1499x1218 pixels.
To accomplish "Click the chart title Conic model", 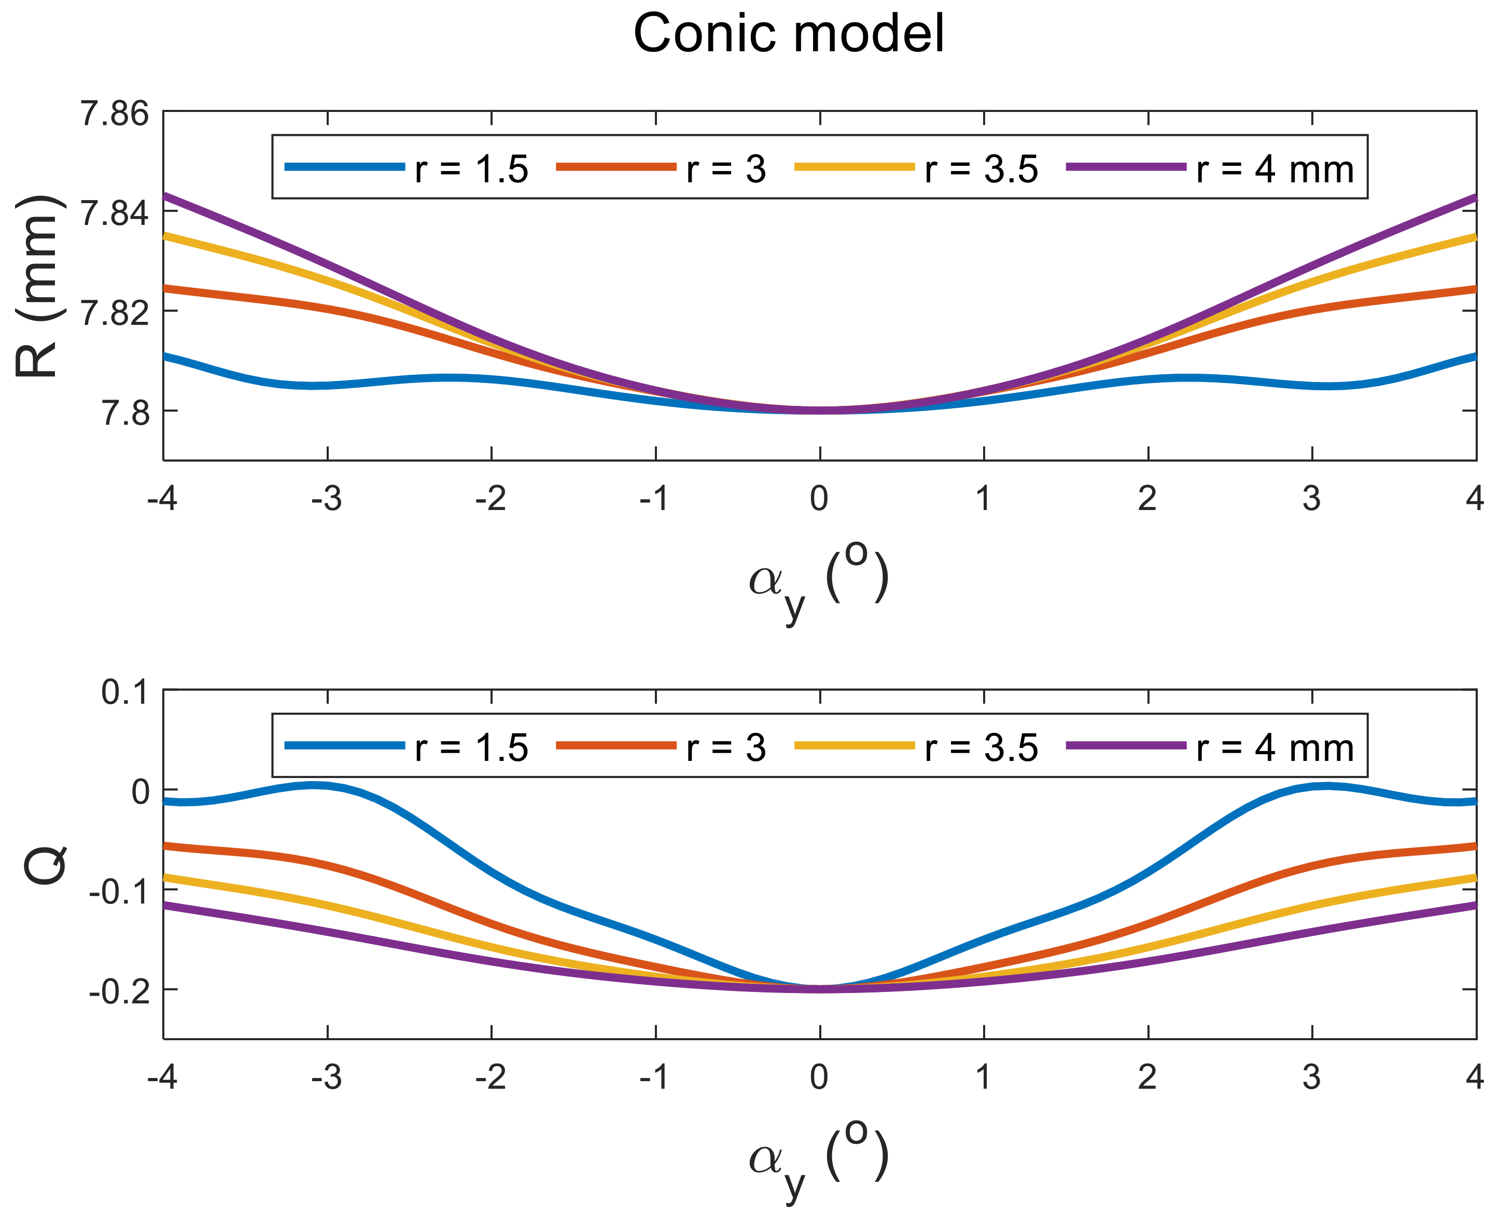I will pyautogui.click(x=788, y=34).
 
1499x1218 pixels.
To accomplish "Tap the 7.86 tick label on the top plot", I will pyautogui.click(x=115, y=114).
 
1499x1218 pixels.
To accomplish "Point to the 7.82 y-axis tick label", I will pyautogui.click(x=115, y=313).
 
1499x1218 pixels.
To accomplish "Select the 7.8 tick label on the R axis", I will pyautogui.click(x=125, y=413).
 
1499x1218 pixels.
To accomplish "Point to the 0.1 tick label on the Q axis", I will pyautogui.click(x=125, y=693).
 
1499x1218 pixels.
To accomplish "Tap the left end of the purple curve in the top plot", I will pyautogui.click(x=165, y=196).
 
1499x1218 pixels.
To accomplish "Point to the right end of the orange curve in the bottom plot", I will pyautogui.click(x=1474, y=847).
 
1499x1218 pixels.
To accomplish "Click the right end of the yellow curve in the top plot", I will pyautogui.click(x=1474, y=238).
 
